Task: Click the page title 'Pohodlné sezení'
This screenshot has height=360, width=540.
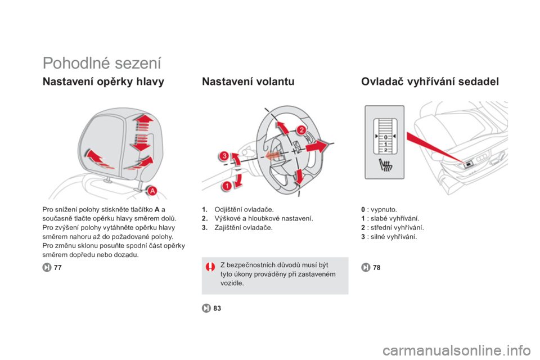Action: tap(102, 64)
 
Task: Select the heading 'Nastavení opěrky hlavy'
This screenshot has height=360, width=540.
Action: tap(103, 82)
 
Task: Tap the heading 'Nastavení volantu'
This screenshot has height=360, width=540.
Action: tap(248, 82)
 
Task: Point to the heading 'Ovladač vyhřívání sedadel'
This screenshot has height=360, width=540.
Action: tap(430, 82)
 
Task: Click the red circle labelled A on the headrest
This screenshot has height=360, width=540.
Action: tap(152, 191)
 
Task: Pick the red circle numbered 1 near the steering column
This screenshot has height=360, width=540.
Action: tap(227, 186)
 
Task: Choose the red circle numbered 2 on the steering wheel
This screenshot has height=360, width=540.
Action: tap(301, 130)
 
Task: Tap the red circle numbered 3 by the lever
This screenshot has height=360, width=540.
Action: tap(224, 156)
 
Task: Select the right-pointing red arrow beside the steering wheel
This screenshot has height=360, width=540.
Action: tap(317, 146)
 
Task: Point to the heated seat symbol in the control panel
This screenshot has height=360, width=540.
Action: tap(385, 165)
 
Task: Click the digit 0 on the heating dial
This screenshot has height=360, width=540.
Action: tap(386, 137)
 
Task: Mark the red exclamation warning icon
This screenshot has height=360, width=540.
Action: tap(210, 267)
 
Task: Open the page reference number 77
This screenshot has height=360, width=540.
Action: tap(58, 268)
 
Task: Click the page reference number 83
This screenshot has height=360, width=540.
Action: tap(217, 308)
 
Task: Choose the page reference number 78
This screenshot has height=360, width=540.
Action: tap(377, 268)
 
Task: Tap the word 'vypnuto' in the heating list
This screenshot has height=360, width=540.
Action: tap(383, 210)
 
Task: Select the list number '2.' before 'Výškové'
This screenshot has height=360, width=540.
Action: tap(205, 218)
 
